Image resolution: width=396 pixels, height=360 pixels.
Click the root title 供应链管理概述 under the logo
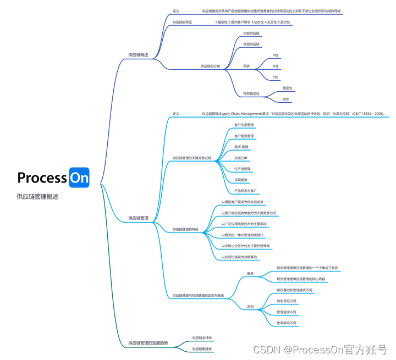(x=38, y=196)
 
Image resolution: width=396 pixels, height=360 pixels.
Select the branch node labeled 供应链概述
(x=138, y=55)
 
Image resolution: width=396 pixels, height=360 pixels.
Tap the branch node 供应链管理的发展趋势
(x=148, y=343)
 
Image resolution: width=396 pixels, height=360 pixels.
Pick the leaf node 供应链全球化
(x=202, y=337)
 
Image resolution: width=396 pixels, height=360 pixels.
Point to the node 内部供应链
(x=251, y=33)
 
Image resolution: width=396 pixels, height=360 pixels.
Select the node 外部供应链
(x=251, y=44)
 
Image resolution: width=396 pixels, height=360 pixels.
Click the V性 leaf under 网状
(x=276, y=56)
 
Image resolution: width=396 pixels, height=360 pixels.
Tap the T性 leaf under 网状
(x=276, y=77)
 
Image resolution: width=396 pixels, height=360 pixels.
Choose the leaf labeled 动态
(x=286, y=99)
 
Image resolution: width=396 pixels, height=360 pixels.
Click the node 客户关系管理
(x=244, y=125)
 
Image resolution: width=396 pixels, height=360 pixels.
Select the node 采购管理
(x=241, y=180)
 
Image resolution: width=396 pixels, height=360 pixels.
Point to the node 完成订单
(x=241, y=158)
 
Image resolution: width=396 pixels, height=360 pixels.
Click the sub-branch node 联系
(x=250, y=273)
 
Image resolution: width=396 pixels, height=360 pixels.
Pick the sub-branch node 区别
(x=250, y=307)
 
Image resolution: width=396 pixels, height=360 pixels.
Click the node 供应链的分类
(x=210, y=66)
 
